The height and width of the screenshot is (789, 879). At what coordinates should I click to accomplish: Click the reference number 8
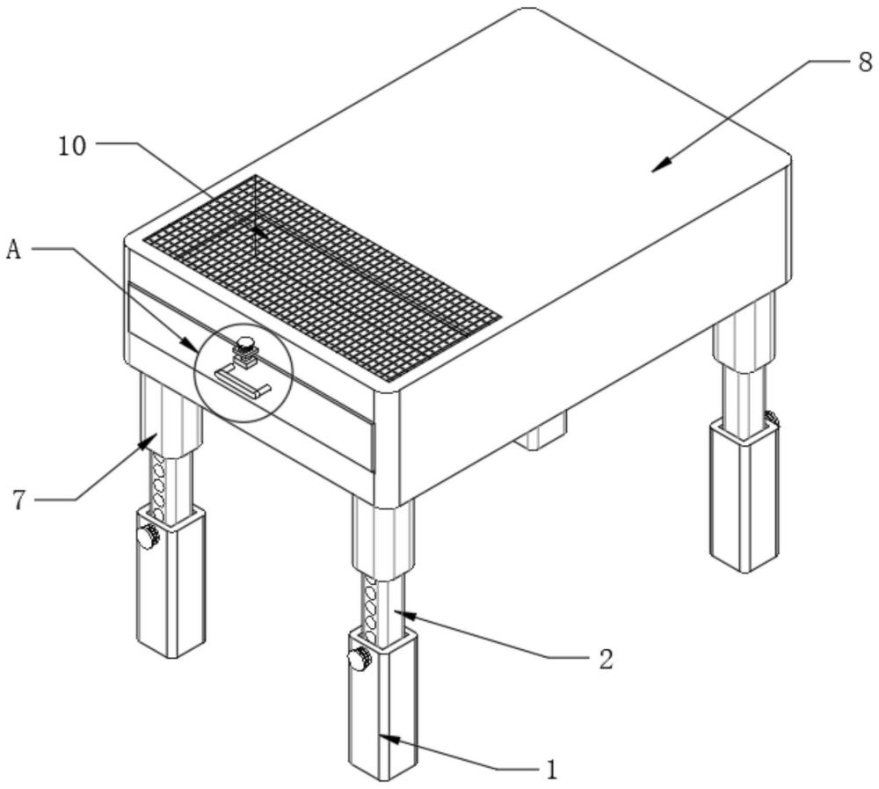point(864,62)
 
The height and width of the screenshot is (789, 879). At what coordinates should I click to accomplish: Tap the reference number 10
point(72,147)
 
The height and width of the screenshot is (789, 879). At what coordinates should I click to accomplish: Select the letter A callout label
point(13,251)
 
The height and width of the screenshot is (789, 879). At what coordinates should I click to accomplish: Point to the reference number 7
point(19,500)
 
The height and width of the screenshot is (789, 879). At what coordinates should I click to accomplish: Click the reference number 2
point(606,660)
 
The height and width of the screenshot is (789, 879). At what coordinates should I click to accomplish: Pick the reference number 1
point(552,770)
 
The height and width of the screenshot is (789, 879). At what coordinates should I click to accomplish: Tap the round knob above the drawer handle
point(245,342)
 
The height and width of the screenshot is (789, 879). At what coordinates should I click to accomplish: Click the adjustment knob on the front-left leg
point(148,537)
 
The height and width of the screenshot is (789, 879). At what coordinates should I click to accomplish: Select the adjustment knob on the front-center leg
point(360,658)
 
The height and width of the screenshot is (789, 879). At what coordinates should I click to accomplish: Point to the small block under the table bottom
point(541,430)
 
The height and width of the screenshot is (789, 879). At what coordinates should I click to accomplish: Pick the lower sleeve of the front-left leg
point(171,581)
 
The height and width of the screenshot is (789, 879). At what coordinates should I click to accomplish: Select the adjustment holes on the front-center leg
point(371,609)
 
